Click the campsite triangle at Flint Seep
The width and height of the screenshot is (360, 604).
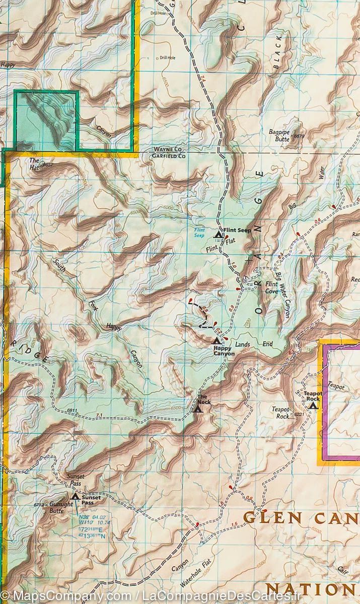(218, 234)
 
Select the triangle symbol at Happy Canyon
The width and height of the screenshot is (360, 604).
(217, 341)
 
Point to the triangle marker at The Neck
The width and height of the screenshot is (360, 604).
(198, 409)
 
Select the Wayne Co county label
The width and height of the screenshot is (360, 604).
(168, 150)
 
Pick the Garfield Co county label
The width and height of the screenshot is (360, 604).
(169, 157)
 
